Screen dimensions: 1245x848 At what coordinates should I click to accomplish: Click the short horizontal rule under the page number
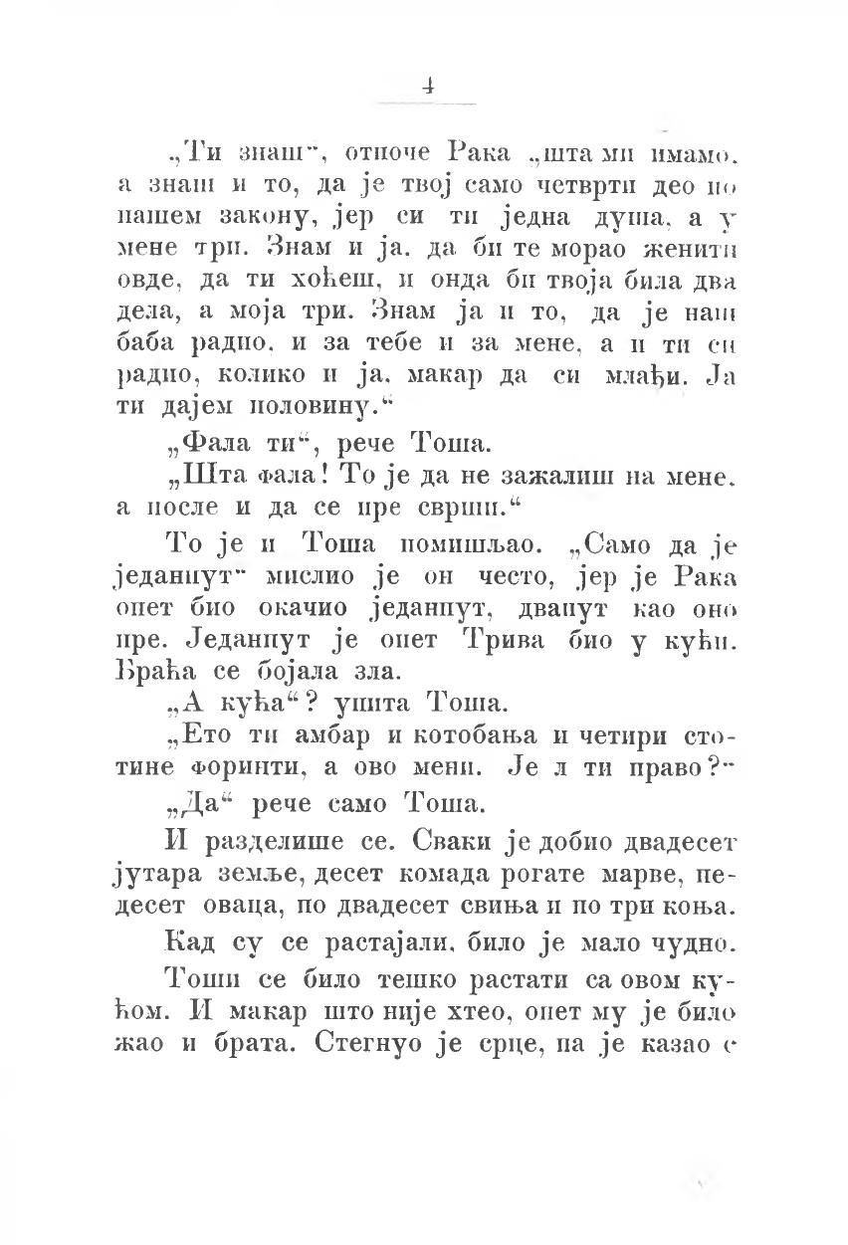pyautogui.click(x=426, y=103)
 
